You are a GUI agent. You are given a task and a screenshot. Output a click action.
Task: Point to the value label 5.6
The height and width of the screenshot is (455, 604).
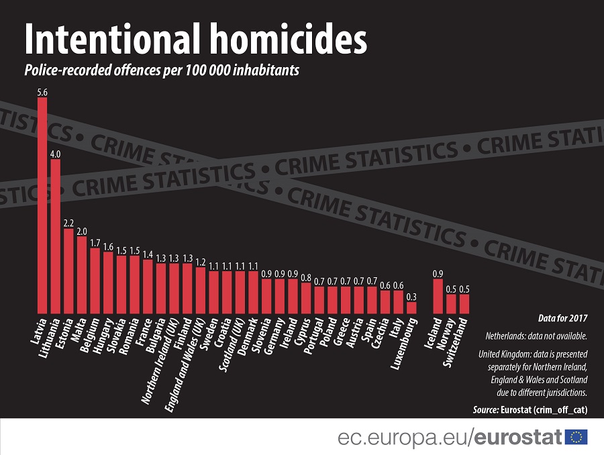point(42,93)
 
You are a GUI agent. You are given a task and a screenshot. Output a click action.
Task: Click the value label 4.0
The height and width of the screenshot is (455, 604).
point(56,154)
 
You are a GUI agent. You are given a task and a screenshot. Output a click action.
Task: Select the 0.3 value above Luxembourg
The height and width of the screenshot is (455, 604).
point(411,297)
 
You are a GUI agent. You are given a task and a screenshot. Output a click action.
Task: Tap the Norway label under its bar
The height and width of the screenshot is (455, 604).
point(446,334)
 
